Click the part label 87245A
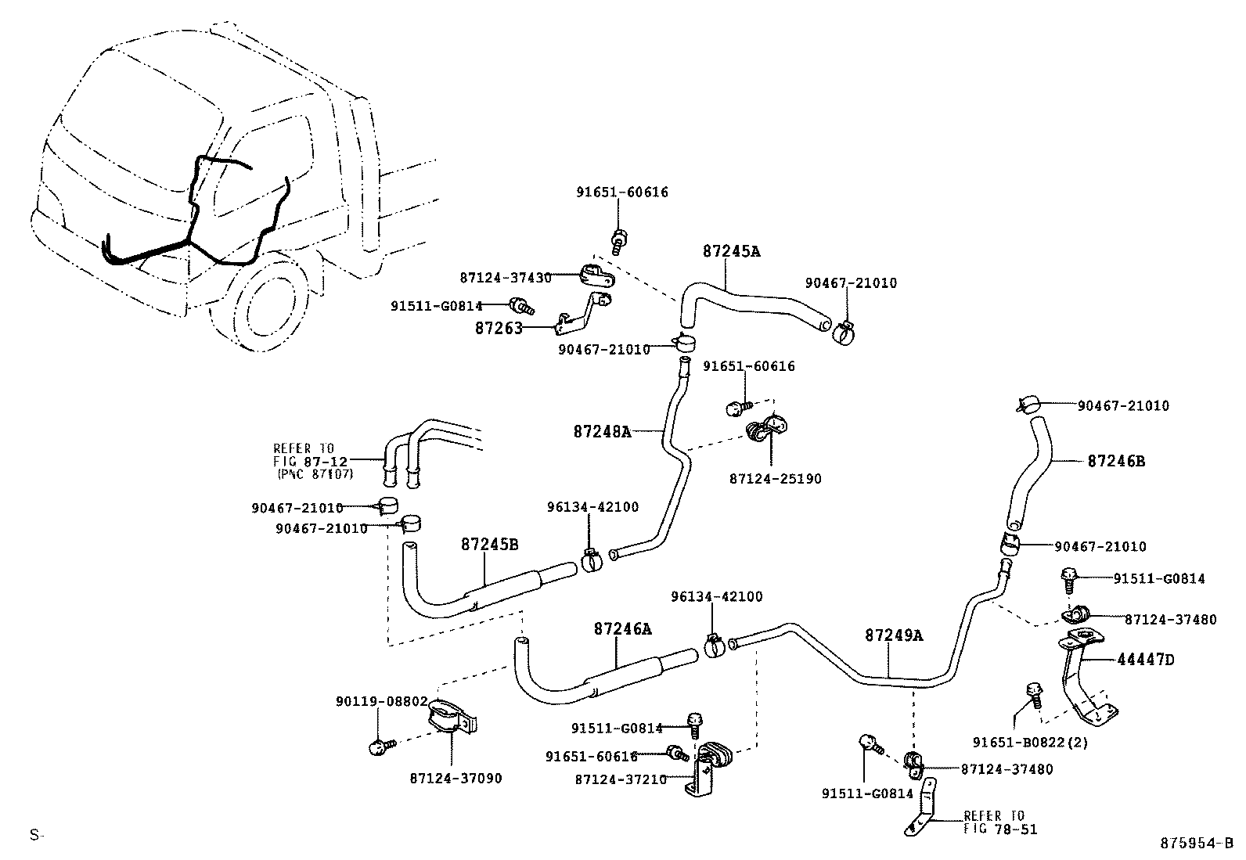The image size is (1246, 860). [x=731, y=252]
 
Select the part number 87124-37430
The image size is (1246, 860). [x=505, y=278]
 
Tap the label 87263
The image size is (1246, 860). [x=498, y=329]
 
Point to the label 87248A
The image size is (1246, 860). [x=601, y=431]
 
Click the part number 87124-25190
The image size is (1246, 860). [x=775, y=478]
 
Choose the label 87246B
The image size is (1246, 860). [x=1116, y=462]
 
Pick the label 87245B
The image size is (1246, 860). [x=489, y=545]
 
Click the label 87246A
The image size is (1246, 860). [x=622, y=628]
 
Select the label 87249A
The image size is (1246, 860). [x=894, y=635]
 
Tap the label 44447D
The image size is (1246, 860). [x=1146, y=660]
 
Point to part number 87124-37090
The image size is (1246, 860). [x=456, y=778]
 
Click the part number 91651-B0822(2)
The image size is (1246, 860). [x=1030, y=742]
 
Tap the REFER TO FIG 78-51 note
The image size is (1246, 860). [x=999, y=822]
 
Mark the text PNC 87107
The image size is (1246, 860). [x=315, y=474]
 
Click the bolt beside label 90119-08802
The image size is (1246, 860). [x=380, y=747]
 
